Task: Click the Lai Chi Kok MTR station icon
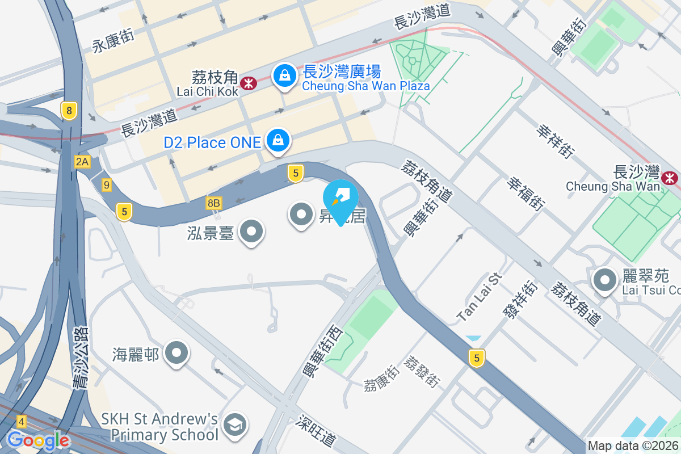(247, 84)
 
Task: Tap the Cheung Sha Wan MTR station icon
(671, 178)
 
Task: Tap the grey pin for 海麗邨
(176, 354)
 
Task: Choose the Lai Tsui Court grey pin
(605, 280)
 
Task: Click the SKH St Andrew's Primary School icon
(234, 425)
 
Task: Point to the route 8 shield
(69, 111)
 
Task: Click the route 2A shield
(82, 162)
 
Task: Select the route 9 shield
(107, 184)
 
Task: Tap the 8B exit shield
(213, 203)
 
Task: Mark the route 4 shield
(22, 422)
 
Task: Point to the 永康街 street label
(113, 41)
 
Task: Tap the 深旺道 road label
(316, 432)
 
